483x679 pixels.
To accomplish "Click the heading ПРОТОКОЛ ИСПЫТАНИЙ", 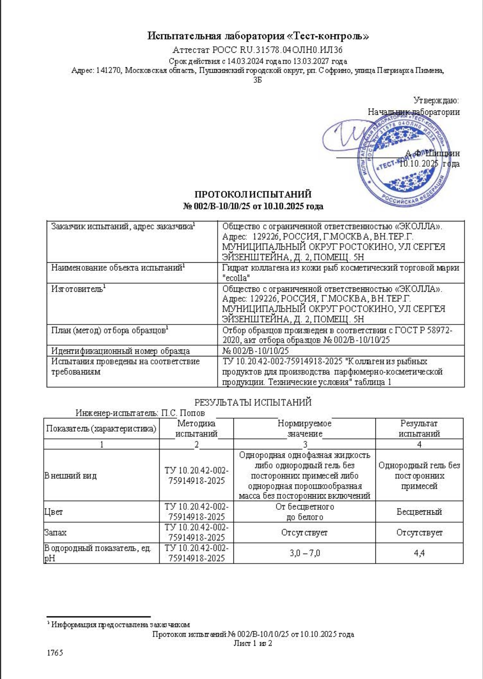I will (x=253, y=194).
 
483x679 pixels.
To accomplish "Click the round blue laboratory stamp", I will (x=404, y=161).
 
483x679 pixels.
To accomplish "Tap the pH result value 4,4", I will (x=419, y=553).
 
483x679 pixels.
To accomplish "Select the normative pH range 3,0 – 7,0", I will (x=305, y=553).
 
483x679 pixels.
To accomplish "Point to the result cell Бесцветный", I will (x=419, y=512).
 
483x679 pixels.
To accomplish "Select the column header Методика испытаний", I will (x=196, y=428).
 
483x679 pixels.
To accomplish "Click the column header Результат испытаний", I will (x=419, y=428).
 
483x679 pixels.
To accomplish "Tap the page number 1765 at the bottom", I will (x=55, y=653).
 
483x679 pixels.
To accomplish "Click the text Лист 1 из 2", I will (x=253, y=643).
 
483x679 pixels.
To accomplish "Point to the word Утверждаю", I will (x=436, y=101).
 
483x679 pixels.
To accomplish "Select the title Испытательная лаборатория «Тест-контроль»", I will (x=258, y=36).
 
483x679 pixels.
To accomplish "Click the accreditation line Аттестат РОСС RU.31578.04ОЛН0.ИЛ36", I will (x=257, y=50).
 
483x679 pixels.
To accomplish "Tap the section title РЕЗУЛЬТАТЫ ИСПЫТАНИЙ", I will (x=253, y=402).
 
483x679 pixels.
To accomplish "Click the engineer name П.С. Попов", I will (x=183, y=413).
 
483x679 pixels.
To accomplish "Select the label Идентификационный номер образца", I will (x=121, y=351).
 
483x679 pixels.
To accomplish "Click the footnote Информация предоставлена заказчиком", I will (x=121, y=625).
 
